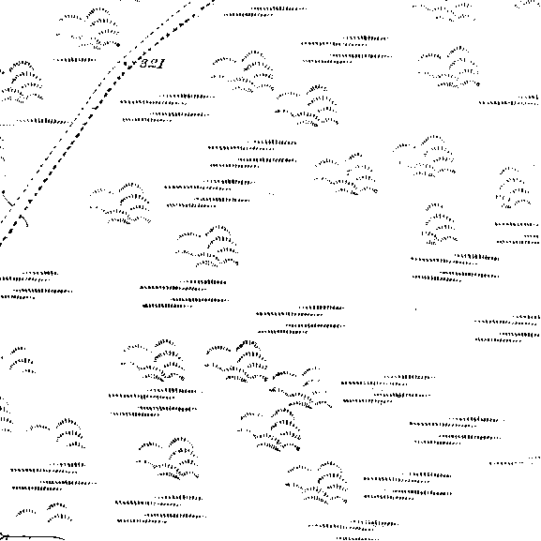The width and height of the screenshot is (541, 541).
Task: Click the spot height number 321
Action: coord(152,64)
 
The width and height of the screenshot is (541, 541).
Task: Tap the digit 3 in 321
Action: coord(144,64)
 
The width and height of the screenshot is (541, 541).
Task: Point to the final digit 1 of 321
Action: coord(161,64)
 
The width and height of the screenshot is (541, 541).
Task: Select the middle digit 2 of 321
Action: coord(153,64)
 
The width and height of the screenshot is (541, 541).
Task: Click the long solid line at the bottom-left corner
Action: coord(33,537)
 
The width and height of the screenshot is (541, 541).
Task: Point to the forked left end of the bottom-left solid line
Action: coord(1,537)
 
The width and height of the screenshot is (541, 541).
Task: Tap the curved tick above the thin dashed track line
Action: coord(8,199)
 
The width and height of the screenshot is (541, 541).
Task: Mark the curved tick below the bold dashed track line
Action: coord(24,221)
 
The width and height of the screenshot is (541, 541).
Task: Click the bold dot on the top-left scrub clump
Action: coord(118,45)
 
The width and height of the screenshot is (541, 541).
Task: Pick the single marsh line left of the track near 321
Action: coord(74,60)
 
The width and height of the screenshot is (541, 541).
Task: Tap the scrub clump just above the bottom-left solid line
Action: coord(44,511)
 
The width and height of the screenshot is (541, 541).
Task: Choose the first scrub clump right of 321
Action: coord(244,71)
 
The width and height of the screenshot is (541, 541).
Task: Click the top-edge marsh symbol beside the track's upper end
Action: coord(265,11)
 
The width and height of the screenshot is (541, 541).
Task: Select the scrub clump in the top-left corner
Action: coord(89,29)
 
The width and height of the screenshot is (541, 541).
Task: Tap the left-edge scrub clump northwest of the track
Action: coord(22,83)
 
